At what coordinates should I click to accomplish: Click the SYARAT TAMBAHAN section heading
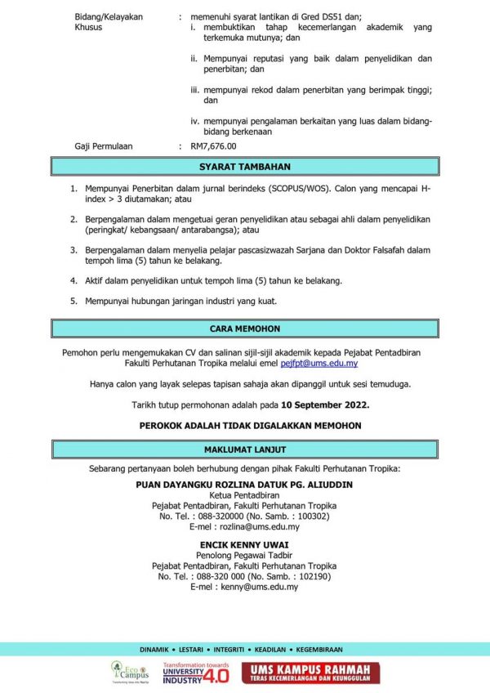pos(244,167)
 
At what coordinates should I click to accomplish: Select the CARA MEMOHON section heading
pos(244,329)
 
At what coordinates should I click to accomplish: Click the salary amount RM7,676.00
pos(213,146)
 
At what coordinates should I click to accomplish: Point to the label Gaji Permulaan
pos(103,146)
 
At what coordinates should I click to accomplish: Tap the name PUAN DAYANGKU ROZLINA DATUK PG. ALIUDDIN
pos(244,485)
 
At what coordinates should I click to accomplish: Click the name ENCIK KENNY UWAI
pos(244,544)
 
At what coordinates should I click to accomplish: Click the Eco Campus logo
pos(129,672)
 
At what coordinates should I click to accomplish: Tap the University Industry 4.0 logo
pos(196,673)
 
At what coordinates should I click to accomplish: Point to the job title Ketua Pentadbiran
pos(244,495)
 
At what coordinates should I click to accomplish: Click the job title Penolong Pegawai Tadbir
pos(244,555)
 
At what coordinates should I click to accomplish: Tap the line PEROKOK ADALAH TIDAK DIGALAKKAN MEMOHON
pos(244,426)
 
